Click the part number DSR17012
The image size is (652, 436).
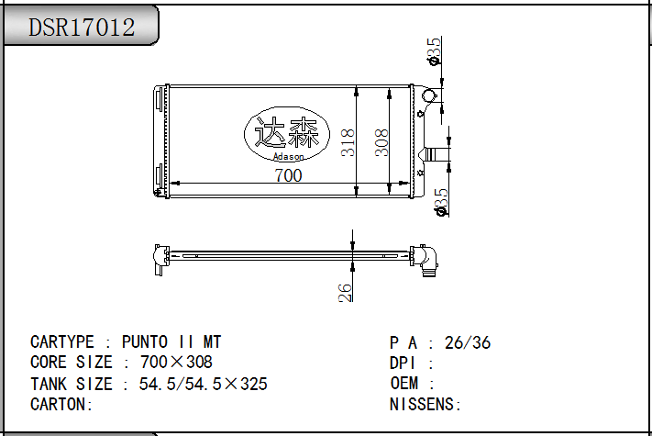point(82,28)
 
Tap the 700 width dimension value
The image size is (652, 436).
point(288,175)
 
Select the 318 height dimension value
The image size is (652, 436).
point(348,142)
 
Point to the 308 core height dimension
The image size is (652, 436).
point(381,142)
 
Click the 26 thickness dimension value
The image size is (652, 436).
point(345,293)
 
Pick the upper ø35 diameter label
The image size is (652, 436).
point(434,51)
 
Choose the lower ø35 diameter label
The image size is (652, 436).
point(441,202)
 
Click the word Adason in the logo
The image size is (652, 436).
point(288,156)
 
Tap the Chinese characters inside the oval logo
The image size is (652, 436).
point(286,132)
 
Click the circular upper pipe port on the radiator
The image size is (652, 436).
point(429,95)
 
